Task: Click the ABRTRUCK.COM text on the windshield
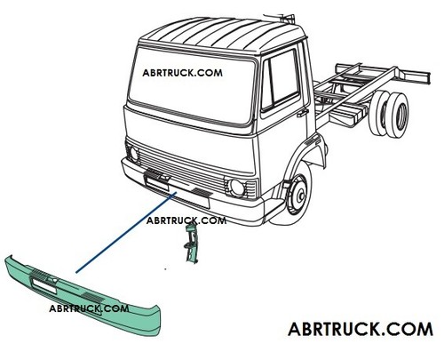coord(182,73)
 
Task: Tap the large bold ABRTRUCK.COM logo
coord(361,329)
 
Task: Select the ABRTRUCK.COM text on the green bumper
coord(89,308)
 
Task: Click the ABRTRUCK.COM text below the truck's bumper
coord(186,220)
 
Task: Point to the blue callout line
coord(126,232)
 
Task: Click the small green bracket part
coord(191,243)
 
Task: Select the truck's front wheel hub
coord(299,195)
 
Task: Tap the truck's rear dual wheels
coord(390,114)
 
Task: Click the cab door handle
coord(303,113)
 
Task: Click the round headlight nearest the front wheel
coord(237,188)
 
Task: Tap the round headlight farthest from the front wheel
coord(134,154)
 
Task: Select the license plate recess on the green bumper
coord(44,286)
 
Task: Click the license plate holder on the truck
coord(156,182)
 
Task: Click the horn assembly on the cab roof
coord(280,17)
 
